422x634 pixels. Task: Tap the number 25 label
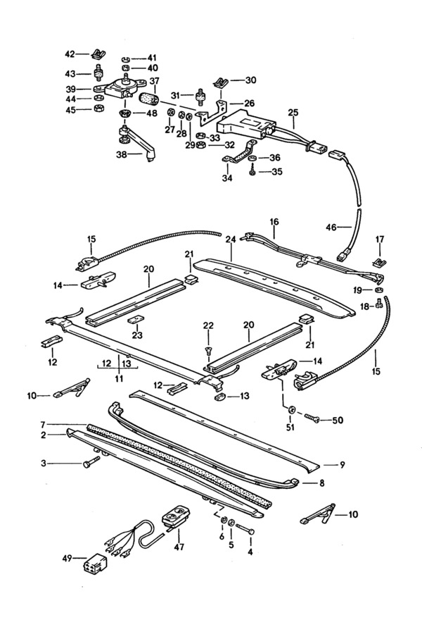(293, 113)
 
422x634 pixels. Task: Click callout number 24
(230, 240)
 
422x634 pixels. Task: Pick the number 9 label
(342, 466)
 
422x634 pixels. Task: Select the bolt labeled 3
(89, 463)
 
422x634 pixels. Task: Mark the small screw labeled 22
(208, 349)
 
